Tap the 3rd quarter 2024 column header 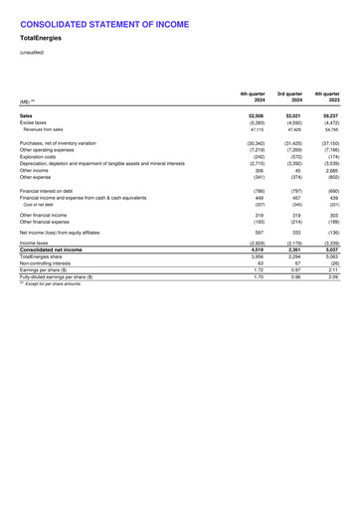coord(286,97)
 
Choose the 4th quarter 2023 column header coord(329,97)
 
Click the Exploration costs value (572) coord(288,156)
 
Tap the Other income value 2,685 coord(330,170)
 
